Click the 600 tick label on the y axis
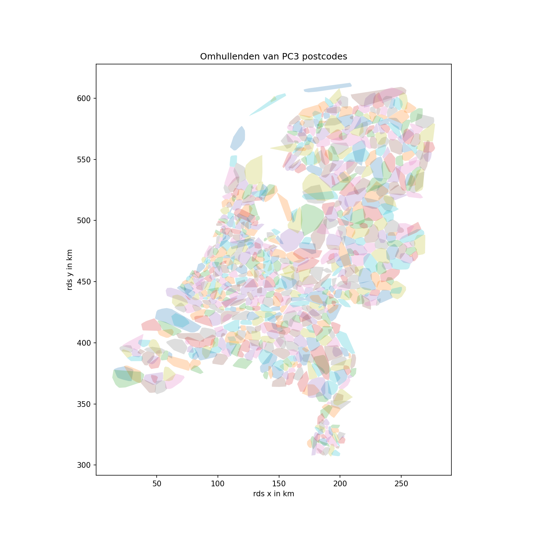[x=84, y=98]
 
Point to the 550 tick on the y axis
[x=84, y=159]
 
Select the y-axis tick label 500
[x=84, y=221]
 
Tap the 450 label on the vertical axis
[x=84, y=282]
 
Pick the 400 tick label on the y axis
[x=84, y=343]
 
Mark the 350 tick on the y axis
[x=84, y=404]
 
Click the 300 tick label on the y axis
[x=84, y=465]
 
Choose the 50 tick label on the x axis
[x=157, y=484]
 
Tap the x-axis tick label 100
[x=218, y=484]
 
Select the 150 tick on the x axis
[x=279, y=484]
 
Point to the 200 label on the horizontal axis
[x=340, y=484]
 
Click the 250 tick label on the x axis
[x=401, y=484]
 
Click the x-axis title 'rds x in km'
[x=273, y=494]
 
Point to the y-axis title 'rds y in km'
[x=70, y=269]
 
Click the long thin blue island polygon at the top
[x=328, y=88]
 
